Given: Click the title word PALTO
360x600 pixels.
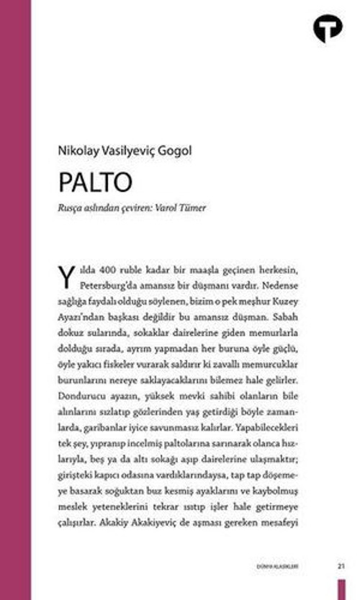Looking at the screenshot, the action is (95, 182).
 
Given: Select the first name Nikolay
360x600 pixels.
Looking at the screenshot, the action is (78, 152).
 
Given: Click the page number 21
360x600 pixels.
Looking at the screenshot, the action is (341, 567).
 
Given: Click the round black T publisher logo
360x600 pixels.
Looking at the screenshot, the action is (328, 28).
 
